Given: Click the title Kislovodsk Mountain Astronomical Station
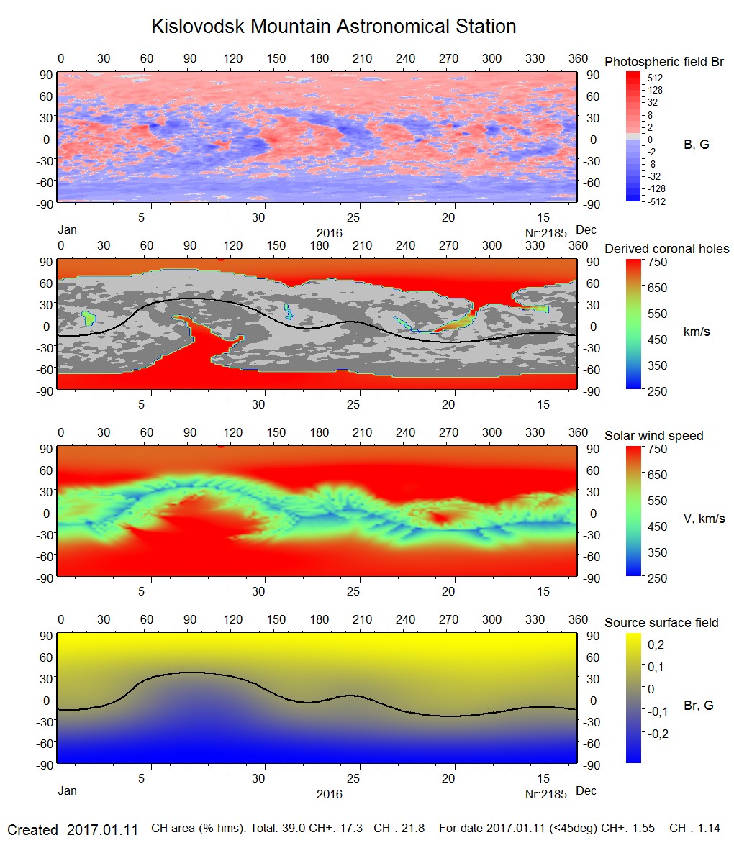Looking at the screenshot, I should [333, 27].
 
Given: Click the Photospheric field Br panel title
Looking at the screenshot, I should [663, 62].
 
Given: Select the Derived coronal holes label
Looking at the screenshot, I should [666, 249].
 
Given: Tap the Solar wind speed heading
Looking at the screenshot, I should [653, 436].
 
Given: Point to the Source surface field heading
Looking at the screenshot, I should [661, 622].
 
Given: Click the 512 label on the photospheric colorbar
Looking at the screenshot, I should [655, 78].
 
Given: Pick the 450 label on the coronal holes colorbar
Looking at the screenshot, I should [658, 340].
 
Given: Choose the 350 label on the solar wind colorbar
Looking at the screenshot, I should [658, 552].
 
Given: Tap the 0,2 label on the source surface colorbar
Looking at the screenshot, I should [656, 644].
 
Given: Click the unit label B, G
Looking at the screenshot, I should [696, 145].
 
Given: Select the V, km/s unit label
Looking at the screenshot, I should [703, 519].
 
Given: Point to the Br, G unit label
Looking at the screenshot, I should [698, 706].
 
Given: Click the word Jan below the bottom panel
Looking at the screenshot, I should [67, 791].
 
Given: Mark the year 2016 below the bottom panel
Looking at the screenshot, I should [330, 794].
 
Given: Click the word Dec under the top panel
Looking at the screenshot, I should [586, 230].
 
